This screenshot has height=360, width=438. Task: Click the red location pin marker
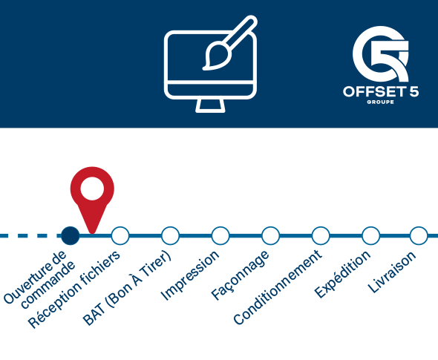coord(92,193)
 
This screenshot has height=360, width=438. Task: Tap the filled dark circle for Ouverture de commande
coord(71,236)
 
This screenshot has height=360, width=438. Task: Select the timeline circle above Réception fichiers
coord(120,236)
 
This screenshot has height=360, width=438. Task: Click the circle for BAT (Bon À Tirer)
coord(171,236)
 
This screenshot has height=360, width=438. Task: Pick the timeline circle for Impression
coord(220,236)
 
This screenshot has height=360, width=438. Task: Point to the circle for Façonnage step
coord(270,236)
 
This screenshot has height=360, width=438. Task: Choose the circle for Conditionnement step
coord(321,236)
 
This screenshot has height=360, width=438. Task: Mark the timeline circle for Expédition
coord(370,236)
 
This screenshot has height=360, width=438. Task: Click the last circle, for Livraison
coord(419,236)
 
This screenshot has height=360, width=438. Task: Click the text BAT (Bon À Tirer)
coord(127,288)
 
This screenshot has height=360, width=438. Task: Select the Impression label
coord(190,275)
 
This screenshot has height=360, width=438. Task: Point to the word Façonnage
coord(241,275)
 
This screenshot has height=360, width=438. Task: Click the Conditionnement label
coord(278,287)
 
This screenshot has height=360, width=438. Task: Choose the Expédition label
coord(342,274)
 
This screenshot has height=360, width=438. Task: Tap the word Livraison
coord(392,272)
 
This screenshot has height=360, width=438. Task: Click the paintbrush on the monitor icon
coord(229,42)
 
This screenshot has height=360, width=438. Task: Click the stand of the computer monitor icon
coord(210,106)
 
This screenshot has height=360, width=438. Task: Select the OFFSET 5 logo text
coord(381,91)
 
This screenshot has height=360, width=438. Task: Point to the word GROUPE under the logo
coord(380,102)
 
